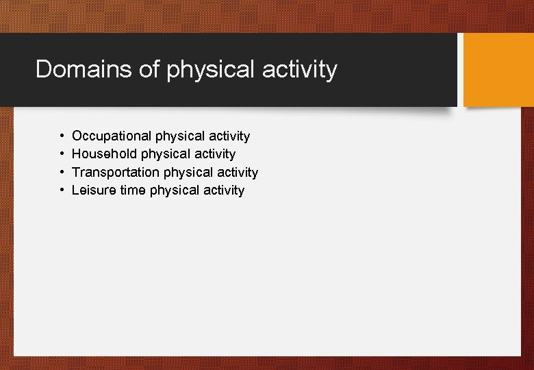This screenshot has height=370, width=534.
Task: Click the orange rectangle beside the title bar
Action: (x=498, y=70)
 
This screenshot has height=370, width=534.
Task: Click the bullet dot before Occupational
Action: (x=62, y=136)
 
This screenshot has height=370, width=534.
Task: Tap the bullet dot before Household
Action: (x=62, y=154)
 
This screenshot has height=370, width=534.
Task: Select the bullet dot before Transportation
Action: (x=62, y=172)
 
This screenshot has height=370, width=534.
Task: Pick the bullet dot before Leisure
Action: (x=62, y=190)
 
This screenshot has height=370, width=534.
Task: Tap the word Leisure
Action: (x=94, y=190)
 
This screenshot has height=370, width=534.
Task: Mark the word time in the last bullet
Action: (x=133, y=190)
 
